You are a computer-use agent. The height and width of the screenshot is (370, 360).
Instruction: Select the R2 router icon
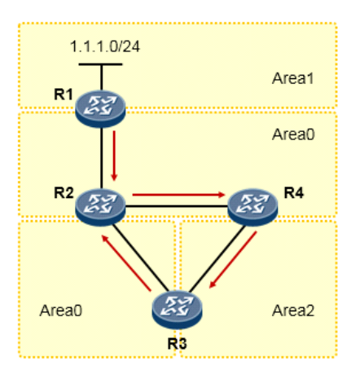point(100,205)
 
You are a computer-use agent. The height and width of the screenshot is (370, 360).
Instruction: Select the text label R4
point(294,192)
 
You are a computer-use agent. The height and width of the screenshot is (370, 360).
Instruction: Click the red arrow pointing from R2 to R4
point(178,195)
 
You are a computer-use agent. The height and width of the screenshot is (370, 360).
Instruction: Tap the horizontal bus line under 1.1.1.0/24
point(101,63)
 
